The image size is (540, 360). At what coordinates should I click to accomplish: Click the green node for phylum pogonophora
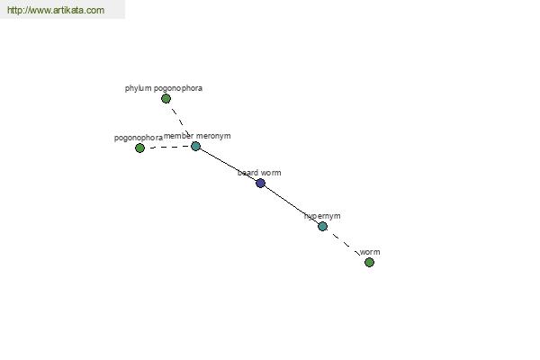click(166, 99)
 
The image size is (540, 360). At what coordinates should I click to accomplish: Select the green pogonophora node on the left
click(139, 148)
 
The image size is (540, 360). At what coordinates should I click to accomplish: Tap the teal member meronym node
click(195, 147)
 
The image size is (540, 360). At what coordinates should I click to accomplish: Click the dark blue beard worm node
click(261, 183)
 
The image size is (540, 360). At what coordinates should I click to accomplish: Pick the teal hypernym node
click(323, 226)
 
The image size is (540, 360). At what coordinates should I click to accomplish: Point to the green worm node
click(370, 263)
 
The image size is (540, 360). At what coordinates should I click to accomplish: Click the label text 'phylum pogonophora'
click(164, 88)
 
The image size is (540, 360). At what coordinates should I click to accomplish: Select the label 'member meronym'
click(197, 136)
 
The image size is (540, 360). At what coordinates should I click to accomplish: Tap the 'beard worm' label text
click(259, 173)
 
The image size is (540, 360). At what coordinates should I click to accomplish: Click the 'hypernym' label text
click(322, 216)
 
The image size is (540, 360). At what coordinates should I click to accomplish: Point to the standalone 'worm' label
click(370, 252)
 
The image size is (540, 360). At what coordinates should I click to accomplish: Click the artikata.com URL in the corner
click(56, 10)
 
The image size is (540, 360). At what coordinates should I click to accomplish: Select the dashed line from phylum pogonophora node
click(181, 122)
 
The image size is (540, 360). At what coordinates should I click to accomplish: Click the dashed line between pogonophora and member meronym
click(170, 147)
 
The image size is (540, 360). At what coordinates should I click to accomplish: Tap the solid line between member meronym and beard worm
click(228, 165)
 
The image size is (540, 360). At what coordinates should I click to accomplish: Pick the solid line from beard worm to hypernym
click(292, 204)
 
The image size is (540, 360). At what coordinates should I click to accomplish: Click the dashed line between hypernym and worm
click(346, 245)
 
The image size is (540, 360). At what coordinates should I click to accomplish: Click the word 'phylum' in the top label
click(138, 88)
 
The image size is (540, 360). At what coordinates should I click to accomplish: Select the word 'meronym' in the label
click(213, 137)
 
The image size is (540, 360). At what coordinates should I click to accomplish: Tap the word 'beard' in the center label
click(248, 173)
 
